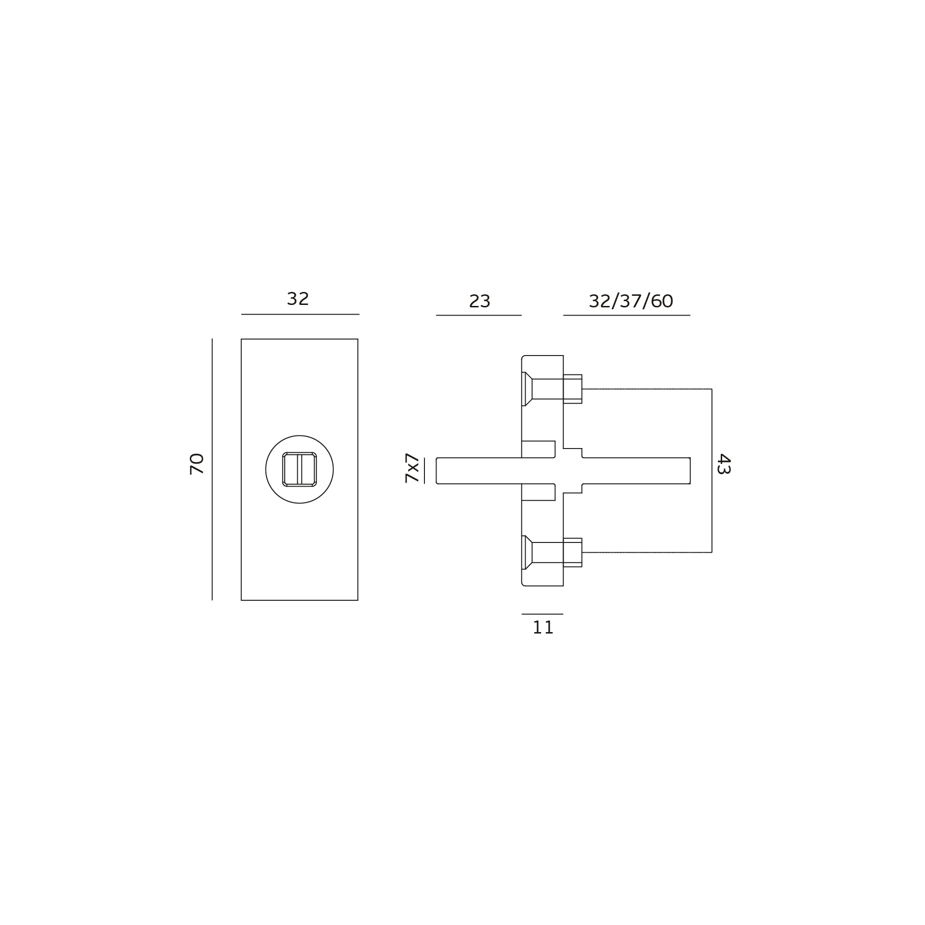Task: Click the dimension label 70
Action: (197, 464)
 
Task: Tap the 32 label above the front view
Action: (298, 299)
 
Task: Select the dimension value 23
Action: (479, 302)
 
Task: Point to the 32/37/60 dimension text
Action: (631, 302)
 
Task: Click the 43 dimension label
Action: (724, 464)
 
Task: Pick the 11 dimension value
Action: (543, 628)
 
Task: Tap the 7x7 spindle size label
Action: (412, 468)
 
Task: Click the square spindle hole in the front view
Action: (299, 469)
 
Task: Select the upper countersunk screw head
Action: (527, 389)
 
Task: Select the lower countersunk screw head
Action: (527, 552)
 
